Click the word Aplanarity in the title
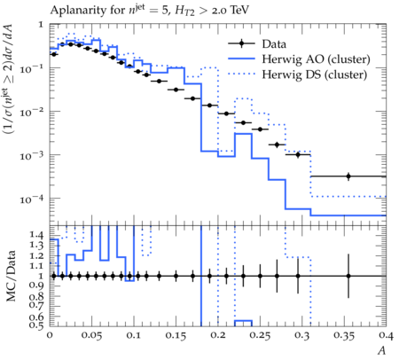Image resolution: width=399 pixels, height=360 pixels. pyautogui.click(x=78, y=11)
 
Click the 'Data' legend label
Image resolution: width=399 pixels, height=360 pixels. pyautogui.click(x=274, y=44)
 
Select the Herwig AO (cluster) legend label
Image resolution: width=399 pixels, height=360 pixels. pyautogui.click(x=316, y=59)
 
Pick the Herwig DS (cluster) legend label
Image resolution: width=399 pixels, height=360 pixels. pyautogui.click(x=315, y=74)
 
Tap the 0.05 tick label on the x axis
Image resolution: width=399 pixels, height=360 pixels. pyautogui.click(x=92, y=335)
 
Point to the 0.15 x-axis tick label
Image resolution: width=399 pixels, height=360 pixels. pyautogui.click(x=176, y=335)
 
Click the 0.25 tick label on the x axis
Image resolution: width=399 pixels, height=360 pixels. pyautogui.click(x=261, y=335)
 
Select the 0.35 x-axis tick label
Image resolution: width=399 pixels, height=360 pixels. pyautogui.click(x=345, y=335)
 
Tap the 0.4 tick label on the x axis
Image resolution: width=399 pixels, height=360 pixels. pyautogui.click(x=387, y=335)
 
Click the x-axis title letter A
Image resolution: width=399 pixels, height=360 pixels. pyautogui.click(x=382, y=350)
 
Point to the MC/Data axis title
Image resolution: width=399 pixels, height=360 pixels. pyautogui.click(x=11, y=276)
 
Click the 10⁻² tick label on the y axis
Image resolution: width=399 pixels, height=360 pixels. pyautogui.click(x=32, y=113)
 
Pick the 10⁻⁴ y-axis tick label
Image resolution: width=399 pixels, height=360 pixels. pyautogui.click(x=32, y=200)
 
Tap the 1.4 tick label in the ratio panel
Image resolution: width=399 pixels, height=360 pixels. pyautogui.click(x=37, y=235)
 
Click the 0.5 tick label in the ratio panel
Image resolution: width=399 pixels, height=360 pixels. pyautogui.click(x=37, y=325)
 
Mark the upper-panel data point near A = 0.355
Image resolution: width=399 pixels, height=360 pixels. pyautogui.click(x=348, y=176)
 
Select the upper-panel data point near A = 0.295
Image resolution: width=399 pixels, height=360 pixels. pyautogui.click(x=298, y=154)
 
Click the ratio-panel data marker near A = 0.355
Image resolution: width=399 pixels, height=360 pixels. pyautogui.click(x=348, y=276)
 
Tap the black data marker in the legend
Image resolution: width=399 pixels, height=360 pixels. pyautogui.click(x=241, y=43)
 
